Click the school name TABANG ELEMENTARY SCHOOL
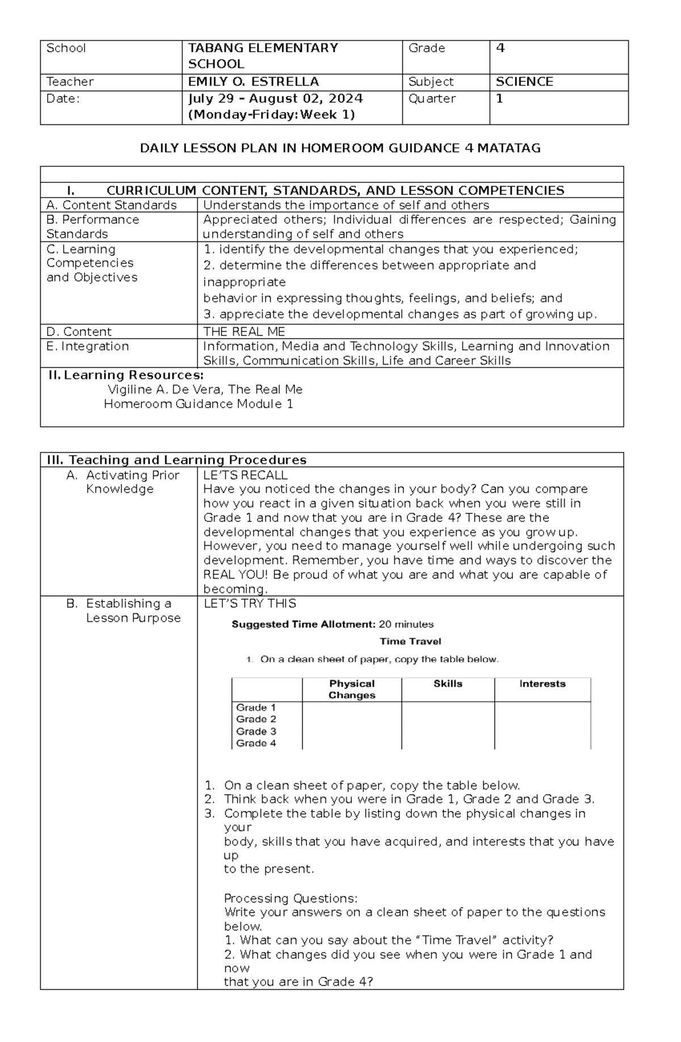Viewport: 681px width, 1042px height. [x=263, y=56]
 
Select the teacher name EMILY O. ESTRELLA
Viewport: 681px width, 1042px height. [x=253, y=82]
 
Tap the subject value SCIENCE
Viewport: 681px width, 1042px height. [x=524, y=82]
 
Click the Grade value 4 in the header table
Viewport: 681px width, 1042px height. [x=500, y=48]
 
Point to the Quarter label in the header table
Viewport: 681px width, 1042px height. [x=432, y=99]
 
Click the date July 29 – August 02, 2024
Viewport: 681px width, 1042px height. [x=275, y=99]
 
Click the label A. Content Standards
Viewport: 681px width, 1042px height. [x=112, y=205]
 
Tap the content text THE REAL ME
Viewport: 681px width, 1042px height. [x=244, y=332]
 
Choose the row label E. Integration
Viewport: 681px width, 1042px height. [x=87, y=346]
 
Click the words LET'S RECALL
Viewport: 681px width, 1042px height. [x=245, y=475]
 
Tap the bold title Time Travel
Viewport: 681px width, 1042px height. [x=410, y=642]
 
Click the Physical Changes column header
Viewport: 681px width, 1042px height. [x=352, y=689]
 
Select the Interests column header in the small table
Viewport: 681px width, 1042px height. [x=542, y=684]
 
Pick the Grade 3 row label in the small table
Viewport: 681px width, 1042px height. [x=256, y=731]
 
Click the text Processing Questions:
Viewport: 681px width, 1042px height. [x=291, y=898]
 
